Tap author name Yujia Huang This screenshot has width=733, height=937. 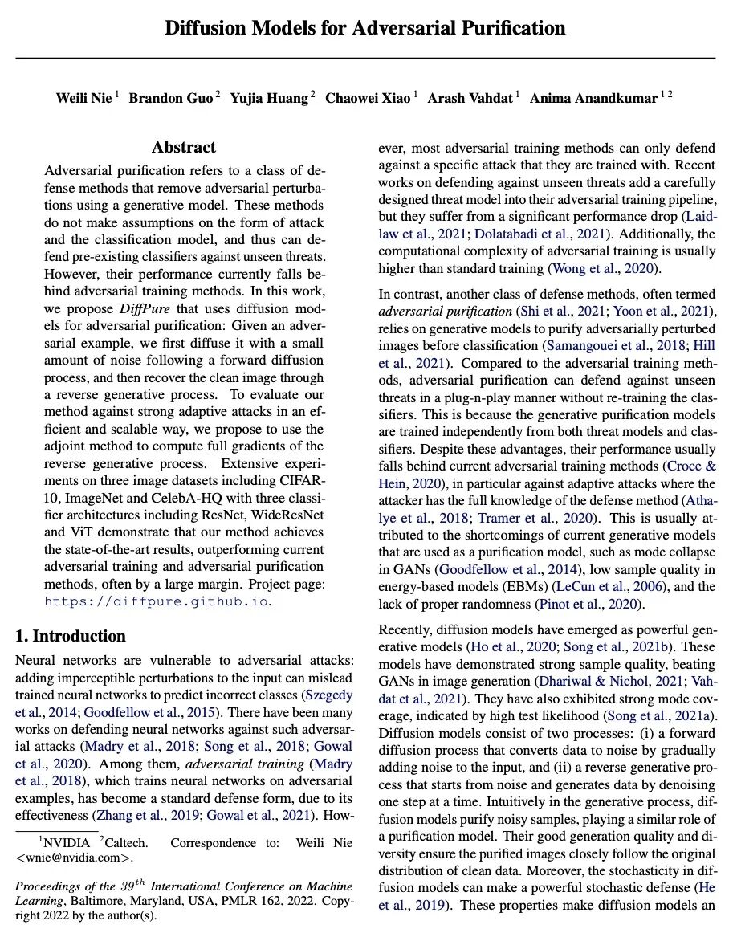coord(269,98)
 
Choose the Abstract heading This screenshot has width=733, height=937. coord(184,147)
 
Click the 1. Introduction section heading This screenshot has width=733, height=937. coord(71,636)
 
